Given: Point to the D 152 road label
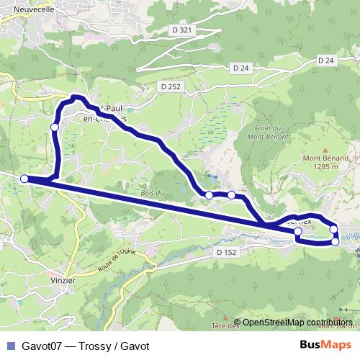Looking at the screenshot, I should click(x=226, y=253).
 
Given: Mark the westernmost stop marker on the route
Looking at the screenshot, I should click(x=24, y=179).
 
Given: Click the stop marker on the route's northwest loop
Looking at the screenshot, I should click(x=54, y=127).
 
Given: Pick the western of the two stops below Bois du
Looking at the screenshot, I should click(x=209, y=195).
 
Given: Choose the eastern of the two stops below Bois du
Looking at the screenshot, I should click(x=231, y=195).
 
